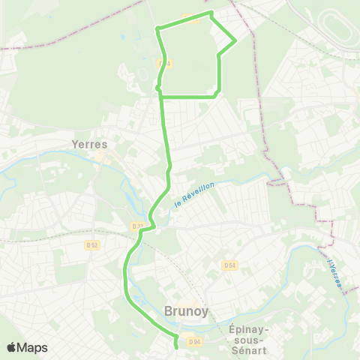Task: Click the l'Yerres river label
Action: tap(334, 271)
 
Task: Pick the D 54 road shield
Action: tap(229, 265)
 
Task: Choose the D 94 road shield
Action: tap(195, 342)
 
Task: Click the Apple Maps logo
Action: tap(26, 347)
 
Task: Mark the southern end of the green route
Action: tap(176, 347)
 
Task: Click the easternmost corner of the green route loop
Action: tap(236, 40)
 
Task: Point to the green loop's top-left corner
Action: tap(157, 28)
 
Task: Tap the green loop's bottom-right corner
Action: tap(217, 94)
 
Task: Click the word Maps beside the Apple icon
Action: tap(32, 347)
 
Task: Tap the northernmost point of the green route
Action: tap(211, 12)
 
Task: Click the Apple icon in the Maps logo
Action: tap(11, 347)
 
